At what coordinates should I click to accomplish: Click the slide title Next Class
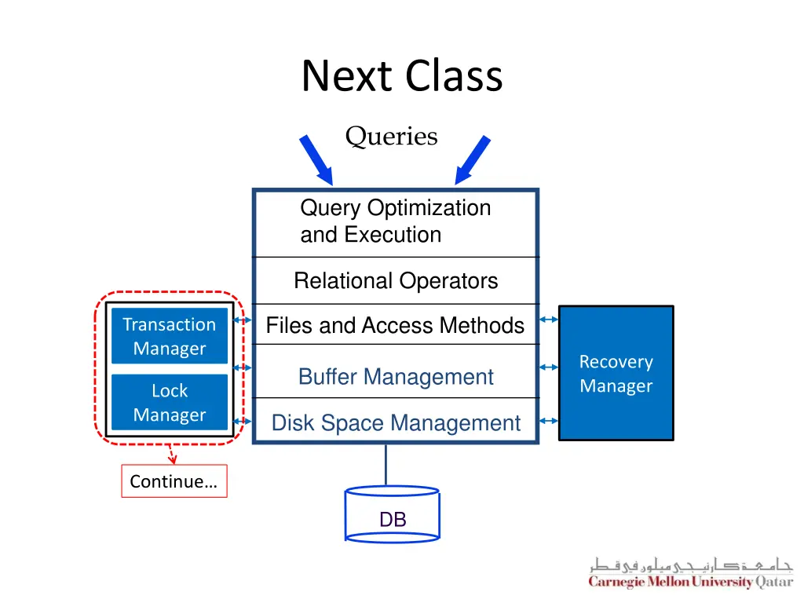click(401, 76)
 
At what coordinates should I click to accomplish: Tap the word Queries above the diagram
click(391, 137)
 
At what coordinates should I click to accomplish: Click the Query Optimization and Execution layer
click(395, 221)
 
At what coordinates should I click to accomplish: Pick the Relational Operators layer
click(395, 281)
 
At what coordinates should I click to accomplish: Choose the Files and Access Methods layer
click(395, 325)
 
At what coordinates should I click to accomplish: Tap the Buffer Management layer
click(395, 377)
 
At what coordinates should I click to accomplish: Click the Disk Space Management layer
click(395, 423)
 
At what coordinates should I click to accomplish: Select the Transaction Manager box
click(169, 336)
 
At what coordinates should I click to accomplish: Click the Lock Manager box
click(169, 402)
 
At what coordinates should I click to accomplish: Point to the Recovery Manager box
click(616, 373)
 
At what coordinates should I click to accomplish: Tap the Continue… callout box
click(174, 481)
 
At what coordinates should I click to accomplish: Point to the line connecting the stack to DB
click(386, 465)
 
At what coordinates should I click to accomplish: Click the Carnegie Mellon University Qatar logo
click(691, 573)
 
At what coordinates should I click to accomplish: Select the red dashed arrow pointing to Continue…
click(172, 455)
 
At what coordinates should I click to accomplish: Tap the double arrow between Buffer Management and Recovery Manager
click(549, 367)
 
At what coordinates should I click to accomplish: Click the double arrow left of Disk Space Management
click(243, 421)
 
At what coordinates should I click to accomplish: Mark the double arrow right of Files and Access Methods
click(549, 320)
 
